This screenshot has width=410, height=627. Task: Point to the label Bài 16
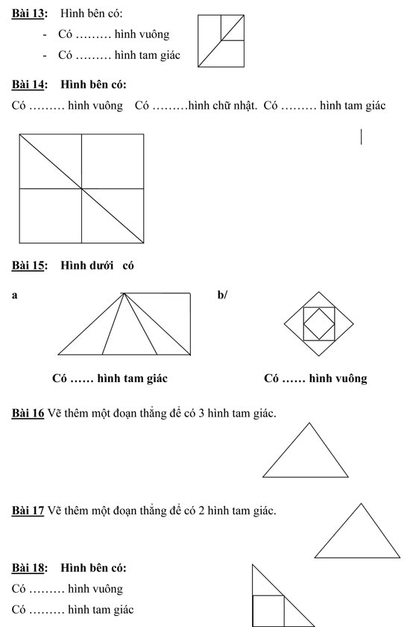pyautogui.click(x=28, y=413)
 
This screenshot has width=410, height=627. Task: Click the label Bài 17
pyautogui.click(x=28, y=511)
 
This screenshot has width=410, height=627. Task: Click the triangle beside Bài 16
pyautogui.click(x=306, y=455)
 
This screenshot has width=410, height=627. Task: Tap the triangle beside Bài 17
pyautogui.click(x=359, y=536)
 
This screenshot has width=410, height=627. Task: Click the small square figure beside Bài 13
pyautogui.click(x=221, y=41)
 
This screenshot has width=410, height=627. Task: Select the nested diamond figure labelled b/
pyautogui.click(x=318, y=324)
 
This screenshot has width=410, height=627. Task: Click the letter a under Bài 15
pyautogui.click(x=15, y=296)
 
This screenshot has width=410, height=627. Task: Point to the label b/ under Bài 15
pyautogui.click(x=222, y=296)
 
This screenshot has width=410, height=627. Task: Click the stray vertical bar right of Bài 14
pyautogui.click(x=362, y=137)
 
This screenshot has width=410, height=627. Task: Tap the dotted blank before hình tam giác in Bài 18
pyautogui.click(x=47, y=611)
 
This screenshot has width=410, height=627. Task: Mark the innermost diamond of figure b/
pyautogui.click(x=318, y=324)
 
